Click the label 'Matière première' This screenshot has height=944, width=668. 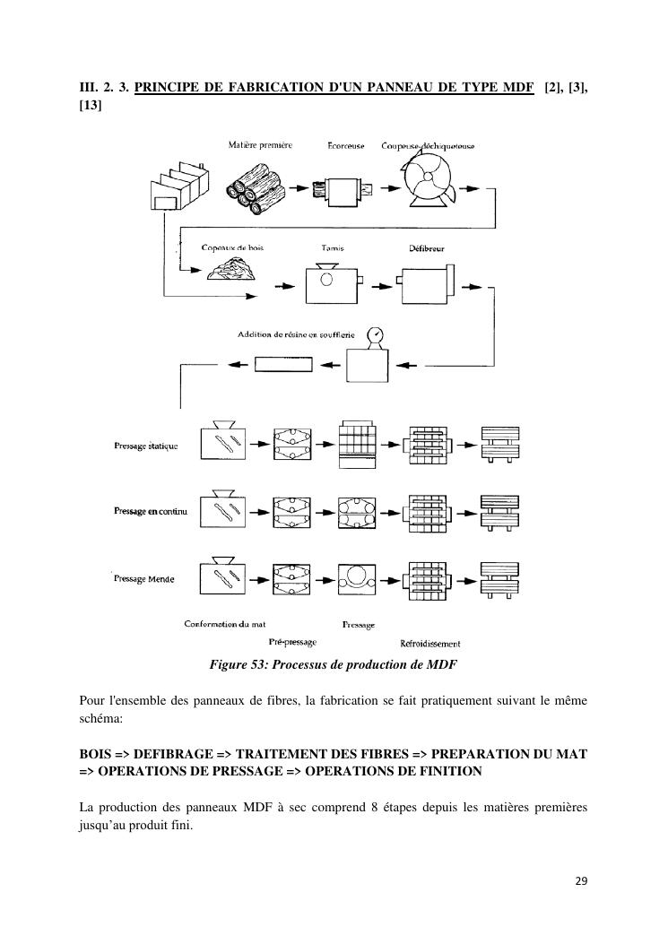[x=261, y=145]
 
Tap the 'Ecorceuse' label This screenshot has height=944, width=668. [x=344, y=146]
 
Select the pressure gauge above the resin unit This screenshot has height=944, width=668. [x=376, y=336]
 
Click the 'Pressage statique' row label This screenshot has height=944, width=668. [x=146, y=446]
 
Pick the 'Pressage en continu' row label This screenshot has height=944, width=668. [x=150, y=511]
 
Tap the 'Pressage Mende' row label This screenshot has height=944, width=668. [x=144, y=579]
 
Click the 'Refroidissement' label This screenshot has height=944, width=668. [x=430, y=644]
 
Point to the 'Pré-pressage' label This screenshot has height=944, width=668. [x=292, y=642]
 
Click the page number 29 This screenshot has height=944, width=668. [x=581, y=880]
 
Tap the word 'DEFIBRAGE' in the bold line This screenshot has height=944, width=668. [x=178, y=755]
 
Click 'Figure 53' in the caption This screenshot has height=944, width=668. [x=236, y=665]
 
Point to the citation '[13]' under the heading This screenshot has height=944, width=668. [x=91, y=106]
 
